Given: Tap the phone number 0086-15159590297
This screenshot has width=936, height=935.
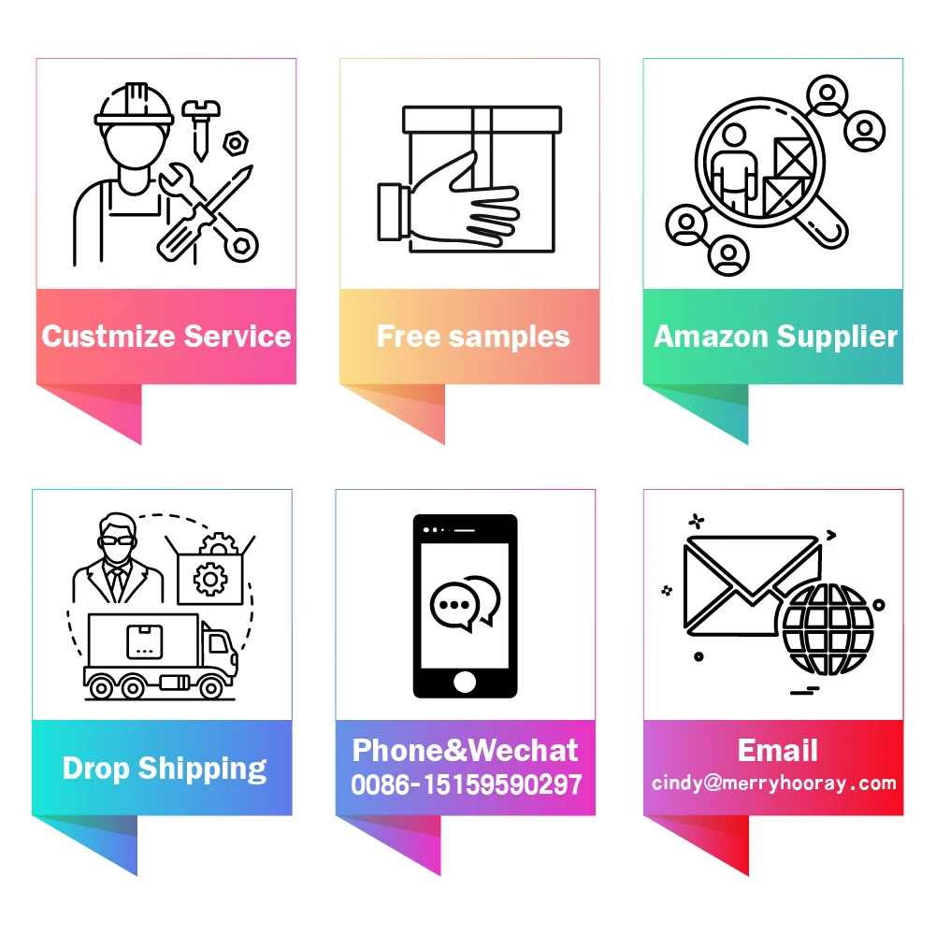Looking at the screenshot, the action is pos(467,785).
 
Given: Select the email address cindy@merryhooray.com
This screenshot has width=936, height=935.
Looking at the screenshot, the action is pos(773,784).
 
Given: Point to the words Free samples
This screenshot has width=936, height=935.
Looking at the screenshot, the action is pos(472,337).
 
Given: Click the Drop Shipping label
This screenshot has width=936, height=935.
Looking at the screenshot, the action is pos(165,769).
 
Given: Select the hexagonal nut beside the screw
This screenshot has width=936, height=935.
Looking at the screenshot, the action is pos(235,144).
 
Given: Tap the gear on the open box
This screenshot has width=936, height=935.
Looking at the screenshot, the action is pos(209,577).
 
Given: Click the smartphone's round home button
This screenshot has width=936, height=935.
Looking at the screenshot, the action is pos(465,682).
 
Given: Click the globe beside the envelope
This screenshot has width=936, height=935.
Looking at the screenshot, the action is pos(828,629).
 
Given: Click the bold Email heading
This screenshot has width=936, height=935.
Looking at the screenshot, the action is pos(777,750).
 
